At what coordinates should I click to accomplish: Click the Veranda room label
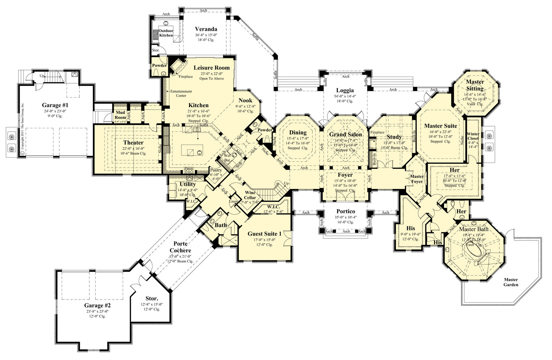(206, 29)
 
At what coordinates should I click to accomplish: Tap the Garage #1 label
(55, 105)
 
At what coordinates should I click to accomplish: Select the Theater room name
(133, 142)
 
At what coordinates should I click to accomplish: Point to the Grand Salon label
(345, 134)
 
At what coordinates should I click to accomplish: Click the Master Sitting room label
(475, 85)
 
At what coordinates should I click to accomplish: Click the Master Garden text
(511, 282)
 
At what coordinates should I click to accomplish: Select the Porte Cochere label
(180, 247)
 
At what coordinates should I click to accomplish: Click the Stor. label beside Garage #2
(151, 298)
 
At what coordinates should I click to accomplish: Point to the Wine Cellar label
(250, 195)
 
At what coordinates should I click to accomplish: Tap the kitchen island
(192, 150)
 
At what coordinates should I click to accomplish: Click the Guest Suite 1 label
(265, 234)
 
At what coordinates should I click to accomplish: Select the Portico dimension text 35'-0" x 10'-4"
(346, 217)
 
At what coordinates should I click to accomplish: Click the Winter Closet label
(473, 136)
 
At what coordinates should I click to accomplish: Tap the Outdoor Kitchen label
(166, 33)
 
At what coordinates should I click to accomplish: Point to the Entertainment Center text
(181, 93)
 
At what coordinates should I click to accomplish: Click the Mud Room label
(120, 115)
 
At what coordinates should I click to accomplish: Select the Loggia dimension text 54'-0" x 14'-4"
(345, 96)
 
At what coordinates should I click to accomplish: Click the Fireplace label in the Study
(377, 132)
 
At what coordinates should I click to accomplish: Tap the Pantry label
(216, 170)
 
